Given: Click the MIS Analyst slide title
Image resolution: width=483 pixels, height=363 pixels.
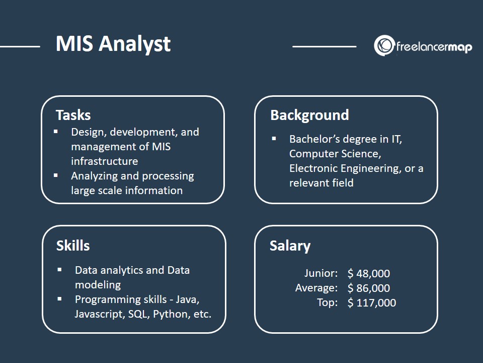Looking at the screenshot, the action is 113,44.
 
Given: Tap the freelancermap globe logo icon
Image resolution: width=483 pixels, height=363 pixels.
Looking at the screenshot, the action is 384,45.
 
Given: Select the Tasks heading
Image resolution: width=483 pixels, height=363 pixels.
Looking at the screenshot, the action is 73,115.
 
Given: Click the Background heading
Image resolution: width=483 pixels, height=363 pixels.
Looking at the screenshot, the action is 309,115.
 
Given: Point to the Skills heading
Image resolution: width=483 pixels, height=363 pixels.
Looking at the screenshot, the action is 73,246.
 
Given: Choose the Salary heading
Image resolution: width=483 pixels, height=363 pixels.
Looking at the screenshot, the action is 290,246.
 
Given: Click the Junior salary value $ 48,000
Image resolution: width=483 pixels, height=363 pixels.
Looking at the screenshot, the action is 369,273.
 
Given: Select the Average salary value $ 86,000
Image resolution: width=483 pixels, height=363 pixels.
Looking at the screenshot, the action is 369,288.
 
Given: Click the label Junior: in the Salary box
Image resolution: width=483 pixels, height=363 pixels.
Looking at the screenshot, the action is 321,273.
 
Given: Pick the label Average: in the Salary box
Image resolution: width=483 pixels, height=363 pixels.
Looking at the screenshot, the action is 316,288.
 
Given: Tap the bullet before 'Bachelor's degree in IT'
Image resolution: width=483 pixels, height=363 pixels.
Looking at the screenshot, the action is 274,139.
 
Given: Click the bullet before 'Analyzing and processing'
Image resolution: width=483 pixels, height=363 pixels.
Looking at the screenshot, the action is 56,175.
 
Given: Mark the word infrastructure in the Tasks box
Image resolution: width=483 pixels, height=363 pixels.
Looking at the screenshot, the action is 105,161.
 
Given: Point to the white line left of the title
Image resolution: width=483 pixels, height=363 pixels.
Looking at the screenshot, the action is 20,46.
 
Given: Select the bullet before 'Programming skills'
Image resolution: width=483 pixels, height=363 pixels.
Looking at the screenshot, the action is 59,299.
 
